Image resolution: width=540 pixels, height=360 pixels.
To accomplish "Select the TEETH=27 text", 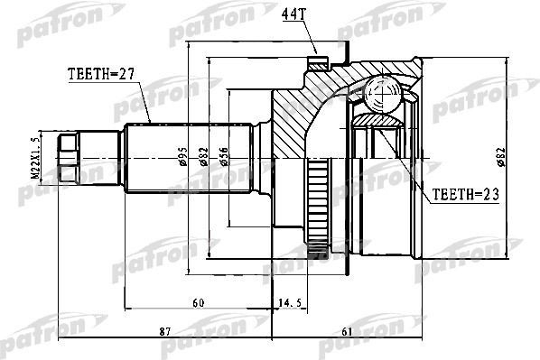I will pyautogui.click(x=100, y=76).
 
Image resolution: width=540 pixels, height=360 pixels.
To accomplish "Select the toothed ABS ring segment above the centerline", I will pyautogui.click(x=317, y=171).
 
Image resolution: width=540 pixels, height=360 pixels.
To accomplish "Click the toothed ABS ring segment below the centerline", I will pyautogui.click(x=317, y=235).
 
